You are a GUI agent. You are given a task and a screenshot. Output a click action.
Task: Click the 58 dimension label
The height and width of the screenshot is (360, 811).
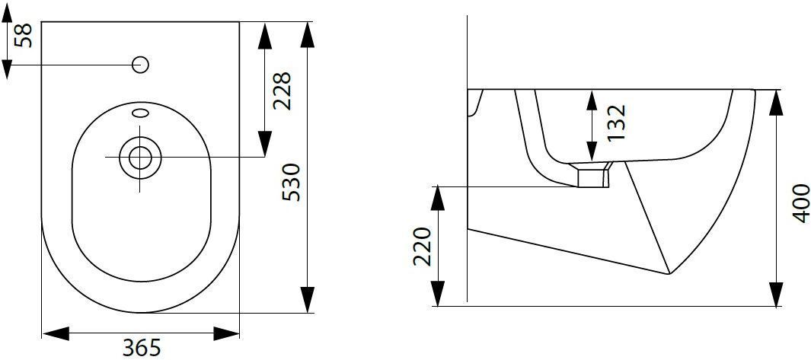point(24,35)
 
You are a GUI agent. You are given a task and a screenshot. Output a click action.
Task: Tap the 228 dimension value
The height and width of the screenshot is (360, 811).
point(283,91)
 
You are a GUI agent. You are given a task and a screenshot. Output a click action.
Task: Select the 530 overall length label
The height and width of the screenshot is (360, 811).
point(291,182)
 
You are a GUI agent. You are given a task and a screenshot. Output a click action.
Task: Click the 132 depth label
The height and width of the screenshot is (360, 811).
point(617,123)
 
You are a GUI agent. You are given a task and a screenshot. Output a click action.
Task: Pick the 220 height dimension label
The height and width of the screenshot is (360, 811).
point(423,247)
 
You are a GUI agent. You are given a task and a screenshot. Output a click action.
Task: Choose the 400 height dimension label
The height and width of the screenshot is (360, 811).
point(801,203)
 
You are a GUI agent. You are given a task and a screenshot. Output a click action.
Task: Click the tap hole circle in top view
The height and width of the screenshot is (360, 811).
point(141,65)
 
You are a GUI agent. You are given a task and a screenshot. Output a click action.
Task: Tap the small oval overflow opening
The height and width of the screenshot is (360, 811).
point(141,112)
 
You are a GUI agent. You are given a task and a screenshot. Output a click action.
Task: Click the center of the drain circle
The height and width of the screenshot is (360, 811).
point(139,158)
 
